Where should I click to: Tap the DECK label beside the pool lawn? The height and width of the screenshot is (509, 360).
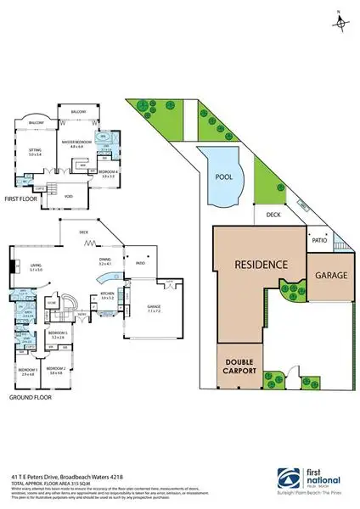point(273,215)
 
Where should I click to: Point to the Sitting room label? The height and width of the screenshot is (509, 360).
point(36,152)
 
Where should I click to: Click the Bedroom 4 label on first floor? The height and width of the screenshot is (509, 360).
point(108,172)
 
